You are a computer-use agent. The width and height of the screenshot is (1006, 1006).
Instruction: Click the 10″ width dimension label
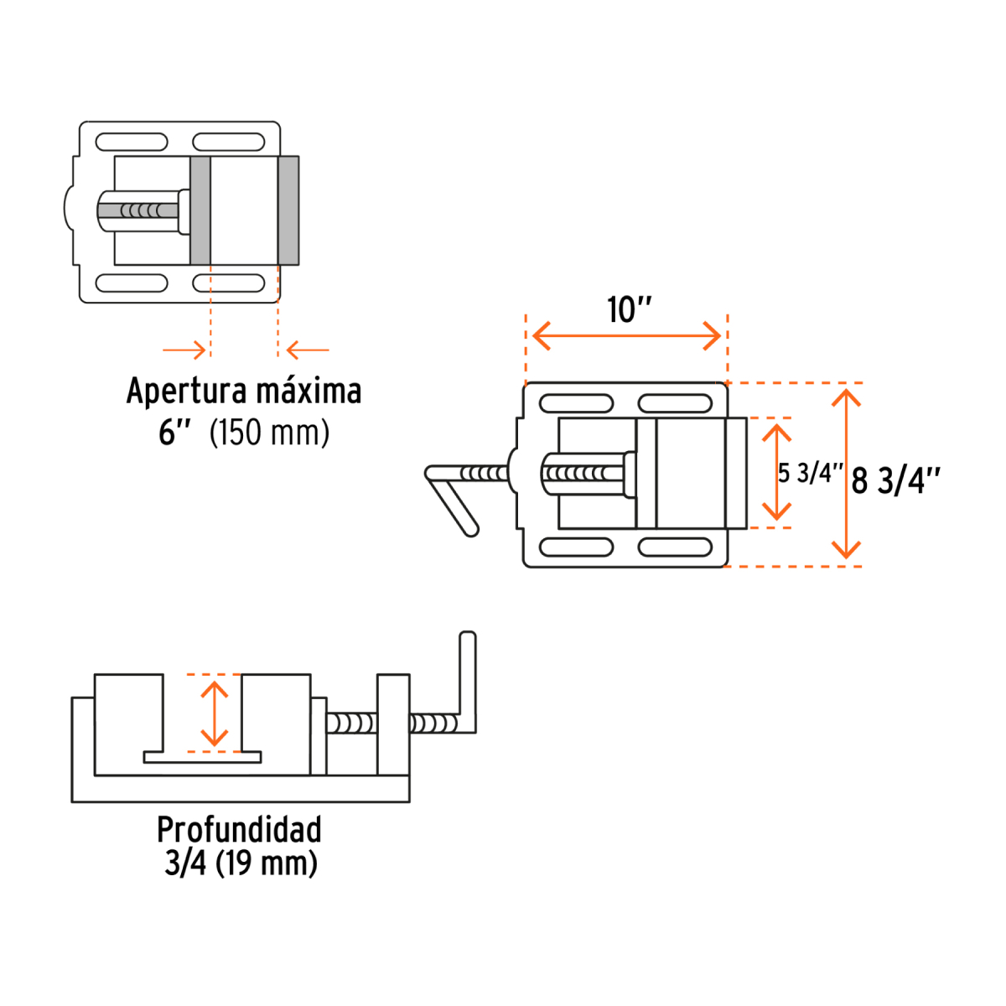(629, 310)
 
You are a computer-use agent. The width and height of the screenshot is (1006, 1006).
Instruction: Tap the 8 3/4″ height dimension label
(895, 481)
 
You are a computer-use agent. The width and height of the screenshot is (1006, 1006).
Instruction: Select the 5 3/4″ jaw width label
(810, 473)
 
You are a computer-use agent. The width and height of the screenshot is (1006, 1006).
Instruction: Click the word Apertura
(186, 392)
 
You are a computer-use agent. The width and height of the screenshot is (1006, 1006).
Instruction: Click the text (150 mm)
(269, 433)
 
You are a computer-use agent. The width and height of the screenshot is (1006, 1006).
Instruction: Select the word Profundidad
(239, 829)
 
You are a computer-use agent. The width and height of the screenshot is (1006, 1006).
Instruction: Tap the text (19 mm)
(267, 863)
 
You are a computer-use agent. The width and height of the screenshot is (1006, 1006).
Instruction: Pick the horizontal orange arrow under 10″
(627, 337)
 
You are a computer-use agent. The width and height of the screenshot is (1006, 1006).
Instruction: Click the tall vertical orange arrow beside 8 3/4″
(847, 474)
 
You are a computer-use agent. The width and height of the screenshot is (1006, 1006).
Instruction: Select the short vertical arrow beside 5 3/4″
(777, 473)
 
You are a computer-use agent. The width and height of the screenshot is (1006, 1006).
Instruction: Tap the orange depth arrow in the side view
(215, 713)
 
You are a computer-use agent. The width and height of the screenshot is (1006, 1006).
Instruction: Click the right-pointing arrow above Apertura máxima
(184, 350)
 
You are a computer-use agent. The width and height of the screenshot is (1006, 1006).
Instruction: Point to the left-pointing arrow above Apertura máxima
(308, 350)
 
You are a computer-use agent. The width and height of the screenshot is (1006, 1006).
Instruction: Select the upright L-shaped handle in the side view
(467, 679)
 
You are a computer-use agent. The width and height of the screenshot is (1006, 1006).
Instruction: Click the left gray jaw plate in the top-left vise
(200, 210)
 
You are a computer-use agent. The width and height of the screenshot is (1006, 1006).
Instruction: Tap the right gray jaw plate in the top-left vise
(288, 210)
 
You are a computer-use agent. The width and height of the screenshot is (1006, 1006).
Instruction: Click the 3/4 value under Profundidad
(185, 863)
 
